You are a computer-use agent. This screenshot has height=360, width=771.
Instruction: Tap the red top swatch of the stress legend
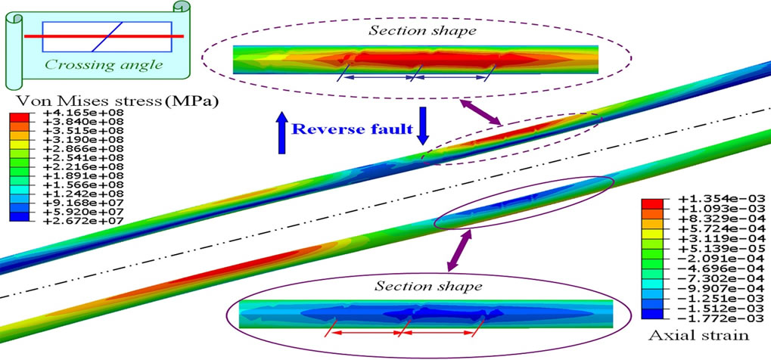[x=20, y=118]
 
